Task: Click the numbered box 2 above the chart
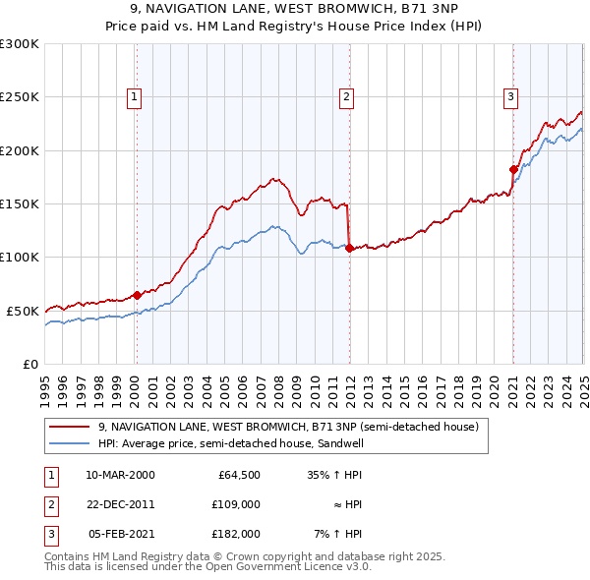pyautogui.click(x=347, y=96)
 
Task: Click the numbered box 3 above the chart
pyautogui.click(x=511, y=96)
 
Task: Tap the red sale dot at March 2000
pyautogui.click(x=138, y=294)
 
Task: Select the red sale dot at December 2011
pyautogui.click(x=349, y=248)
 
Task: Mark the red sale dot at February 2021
pyautogui.click(x=513, y=169)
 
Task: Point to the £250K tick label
pyautogui.click(x=20, y=97)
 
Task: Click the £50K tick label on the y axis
pyautogui.click(x=24, y=311)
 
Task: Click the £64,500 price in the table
pyautogui.click(x=239, y=475)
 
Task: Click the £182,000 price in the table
pyautogui.click(x=236, y=534)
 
